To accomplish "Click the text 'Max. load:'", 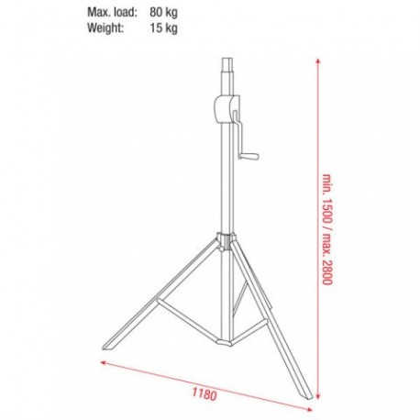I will click(112, 13).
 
